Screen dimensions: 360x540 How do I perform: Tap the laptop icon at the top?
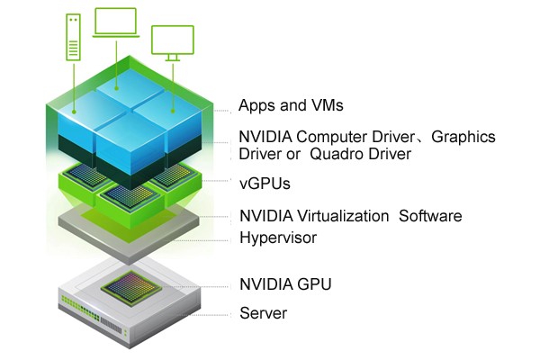click(x=115, y=24)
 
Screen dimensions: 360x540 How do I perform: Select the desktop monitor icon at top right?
click(x=171, y=43)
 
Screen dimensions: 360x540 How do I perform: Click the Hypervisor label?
click(x=278, y=238)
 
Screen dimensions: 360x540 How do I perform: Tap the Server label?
click(x=263, y=313)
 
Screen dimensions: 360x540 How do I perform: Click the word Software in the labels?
click(x=430, y=217)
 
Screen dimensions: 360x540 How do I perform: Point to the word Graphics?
click(x=463, y=137)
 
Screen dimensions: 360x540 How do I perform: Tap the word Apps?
click(x=256, y=106)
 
